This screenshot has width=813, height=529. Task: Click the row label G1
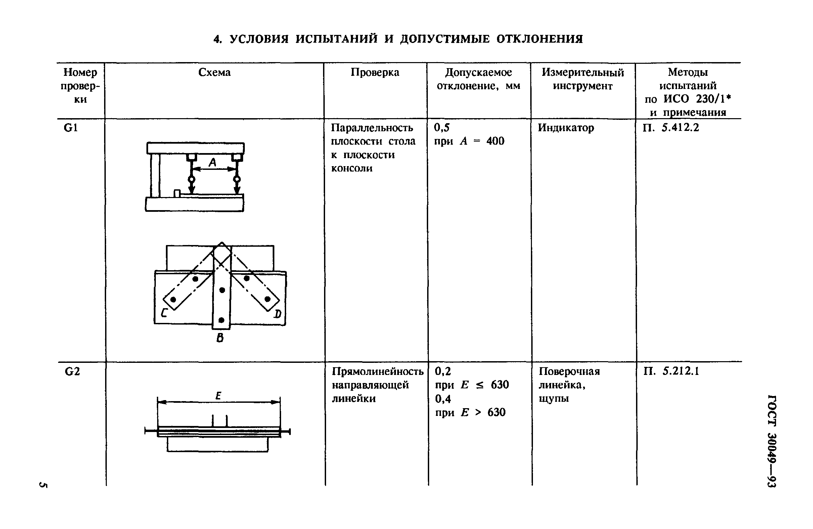click(71, 128)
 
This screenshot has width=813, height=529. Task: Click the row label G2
click(72, 372)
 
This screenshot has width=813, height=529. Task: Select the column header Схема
click(214, 73)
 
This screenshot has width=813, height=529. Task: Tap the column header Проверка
click(375, 73)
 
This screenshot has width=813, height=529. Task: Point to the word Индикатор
click(566, 128)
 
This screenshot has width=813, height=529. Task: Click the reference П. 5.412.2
click(671, 128)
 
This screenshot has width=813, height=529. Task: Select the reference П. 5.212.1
click(672, 372)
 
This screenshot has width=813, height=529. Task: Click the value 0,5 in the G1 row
click(442, 128)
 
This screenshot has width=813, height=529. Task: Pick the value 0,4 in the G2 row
click(443, 399)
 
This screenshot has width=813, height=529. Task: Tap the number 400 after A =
click(495, 141)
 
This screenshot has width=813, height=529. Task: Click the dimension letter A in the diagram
click(213, 162)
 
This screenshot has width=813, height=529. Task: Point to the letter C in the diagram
click(164, 313)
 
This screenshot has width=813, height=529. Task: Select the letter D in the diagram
click(278, 314)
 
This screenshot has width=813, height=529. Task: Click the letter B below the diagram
click(220, 338)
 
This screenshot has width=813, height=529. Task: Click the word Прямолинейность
click(377, 372)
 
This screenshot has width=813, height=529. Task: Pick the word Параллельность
click(372, 128)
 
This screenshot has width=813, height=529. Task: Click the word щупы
click(554, 399)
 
